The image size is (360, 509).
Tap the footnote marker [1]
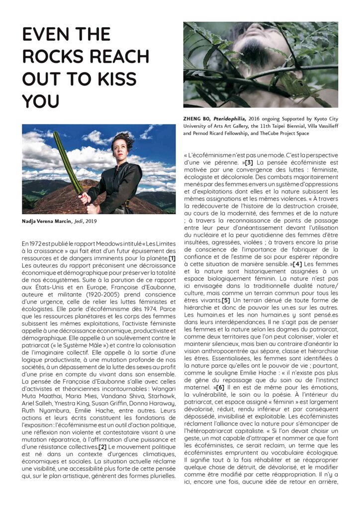tap(172, 258)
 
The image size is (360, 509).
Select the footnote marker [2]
tap(102, 446)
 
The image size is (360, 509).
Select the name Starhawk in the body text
tap(160, 396)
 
